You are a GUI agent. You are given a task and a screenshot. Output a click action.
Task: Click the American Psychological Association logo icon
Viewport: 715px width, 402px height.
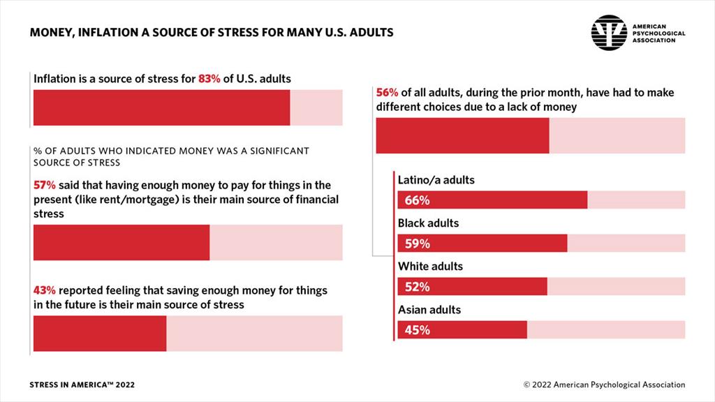(609, 33)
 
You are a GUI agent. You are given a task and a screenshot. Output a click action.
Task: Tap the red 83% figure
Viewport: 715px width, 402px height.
(209, 79)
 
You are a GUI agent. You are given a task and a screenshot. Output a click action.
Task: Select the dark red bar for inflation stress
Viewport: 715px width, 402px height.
(161, 107)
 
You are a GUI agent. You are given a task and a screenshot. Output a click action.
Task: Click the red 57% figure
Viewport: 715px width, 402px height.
(44, 186)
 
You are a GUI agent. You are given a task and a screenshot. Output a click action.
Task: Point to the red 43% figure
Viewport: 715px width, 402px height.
(44, 290)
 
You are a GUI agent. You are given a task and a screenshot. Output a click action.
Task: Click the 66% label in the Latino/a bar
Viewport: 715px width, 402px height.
(417, 201)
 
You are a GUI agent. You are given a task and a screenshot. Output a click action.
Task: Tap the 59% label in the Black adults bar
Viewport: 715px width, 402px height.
(417, 244)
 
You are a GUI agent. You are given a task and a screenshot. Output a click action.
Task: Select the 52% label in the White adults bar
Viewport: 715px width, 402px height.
(417, 288)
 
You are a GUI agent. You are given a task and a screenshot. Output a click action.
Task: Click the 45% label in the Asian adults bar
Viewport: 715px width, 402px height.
(417, 330)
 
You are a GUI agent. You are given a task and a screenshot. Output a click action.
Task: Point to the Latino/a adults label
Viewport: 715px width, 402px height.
(436, 180)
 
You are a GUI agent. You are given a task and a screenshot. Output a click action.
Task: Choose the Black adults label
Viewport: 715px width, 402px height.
(428, 223)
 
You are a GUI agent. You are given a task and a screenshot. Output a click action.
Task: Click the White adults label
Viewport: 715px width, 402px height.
(430, 267)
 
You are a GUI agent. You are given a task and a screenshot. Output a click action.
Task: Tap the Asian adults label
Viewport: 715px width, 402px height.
(429, 309)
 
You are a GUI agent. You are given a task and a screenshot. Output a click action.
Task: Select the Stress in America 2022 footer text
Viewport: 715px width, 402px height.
(82, 385)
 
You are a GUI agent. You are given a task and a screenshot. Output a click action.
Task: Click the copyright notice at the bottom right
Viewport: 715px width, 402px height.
(604, 385)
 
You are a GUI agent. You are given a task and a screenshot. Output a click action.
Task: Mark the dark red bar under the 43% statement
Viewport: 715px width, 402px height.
(100, 334)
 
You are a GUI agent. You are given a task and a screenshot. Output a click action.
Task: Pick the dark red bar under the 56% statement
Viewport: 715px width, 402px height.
(462, 135)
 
